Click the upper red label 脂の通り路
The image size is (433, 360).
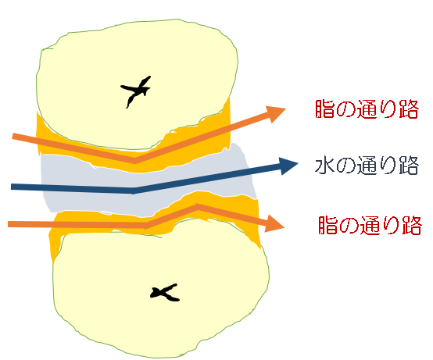tap(367, 109)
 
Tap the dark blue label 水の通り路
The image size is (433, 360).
tap(367, 166)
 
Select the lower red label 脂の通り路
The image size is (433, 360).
tap(370, 225)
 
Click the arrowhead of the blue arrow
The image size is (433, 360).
tap(288, 166)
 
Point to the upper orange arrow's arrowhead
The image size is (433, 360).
tap(276, 113)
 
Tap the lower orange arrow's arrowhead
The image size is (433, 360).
tap(275, 223)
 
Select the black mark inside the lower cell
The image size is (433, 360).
tap(165, 293)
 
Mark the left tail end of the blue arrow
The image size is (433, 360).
tap(11, 187)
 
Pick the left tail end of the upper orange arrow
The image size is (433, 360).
tap(13, 136)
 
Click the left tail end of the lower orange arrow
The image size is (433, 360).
tap(9, 224)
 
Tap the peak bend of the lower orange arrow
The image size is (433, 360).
tap(197, 207)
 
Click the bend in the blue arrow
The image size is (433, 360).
tap(134, 191)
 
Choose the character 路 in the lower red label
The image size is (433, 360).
tap(413, 226)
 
